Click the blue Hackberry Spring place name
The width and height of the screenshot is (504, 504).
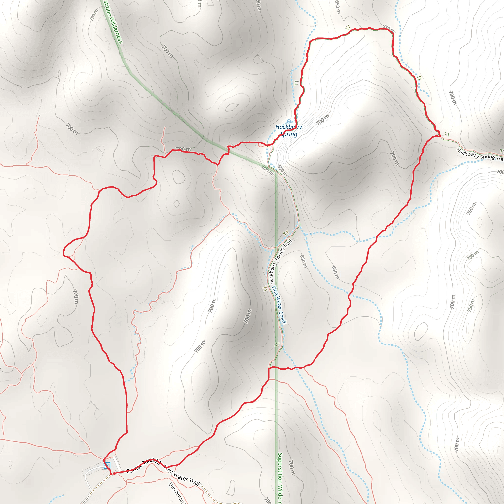pyautogui.click(x=289, y=130)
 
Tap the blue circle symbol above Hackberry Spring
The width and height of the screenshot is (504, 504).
pyautogui.click(x=289, y=121)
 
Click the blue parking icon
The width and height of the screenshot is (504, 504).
pyautogui.click(x=107, y=465)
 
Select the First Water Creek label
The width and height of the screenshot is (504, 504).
pyautogui.click(x=279, y=305)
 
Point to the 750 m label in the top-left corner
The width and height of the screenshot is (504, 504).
pyautogui.click(x=94, y=15)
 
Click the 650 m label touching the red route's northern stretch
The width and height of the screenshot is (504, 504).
pyautogui.click(x=388, y=29)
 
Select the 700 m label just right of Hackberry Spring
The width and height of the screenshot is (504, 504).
pyautogui.click(x=323, y=119)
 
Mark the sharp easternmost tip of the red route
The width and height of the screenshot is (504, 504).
pyautogui.click(x=441, y=136)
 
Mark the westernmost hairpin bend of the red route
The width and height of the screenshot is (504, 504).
pyautogui.click(x=64, y=252)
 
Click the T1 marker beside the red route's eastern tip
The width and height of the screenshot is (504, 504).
pyautogui.click(x=447, y=135)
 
